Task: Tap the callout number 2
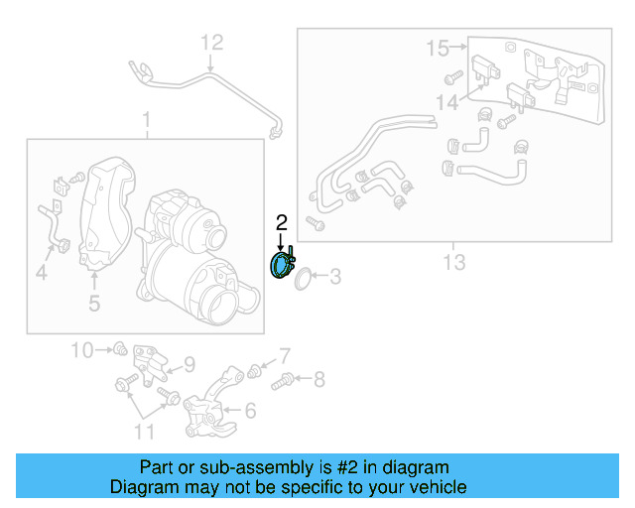[281, 222]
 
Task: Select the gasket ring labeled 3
[307, 280]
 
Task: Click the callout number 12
[213, 43]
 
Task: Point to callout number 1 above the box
[146, 121]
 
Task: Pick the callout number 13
[453, 262]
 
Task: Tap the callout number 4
[42, 270]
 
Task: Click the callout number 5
[93, 304]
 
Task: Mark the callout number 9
[189, 364]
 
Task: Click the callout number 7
[284, 355]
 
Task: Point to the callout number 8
[318, 378]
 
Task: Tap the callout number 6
[249, 410]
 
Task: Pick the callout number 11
[145, 431]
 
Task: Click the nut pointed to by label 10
[119, 348]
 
